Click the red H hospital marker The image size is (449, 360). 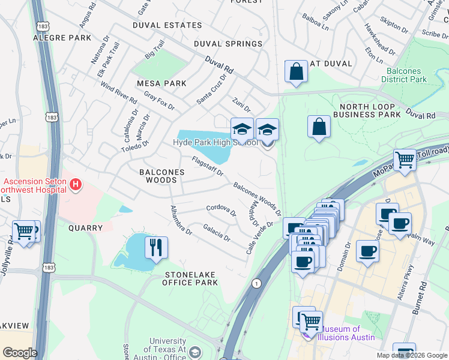[x=76, y=185]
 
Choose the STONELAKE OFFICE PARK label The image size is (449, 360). [x=191, y=278]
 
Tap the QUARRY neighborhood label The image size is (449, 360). [x=85, y=228]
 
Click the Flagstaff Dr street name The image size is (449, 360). [x=208, y=167]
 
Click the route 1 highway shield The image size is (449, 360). [x=257, y=283]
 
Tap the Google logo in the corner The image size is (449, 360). [x=19, y=353]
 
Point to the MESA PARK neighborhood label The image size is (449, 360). [x=161, y=83]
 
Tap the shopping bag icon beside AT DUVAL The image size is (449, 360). [x=296, y=71]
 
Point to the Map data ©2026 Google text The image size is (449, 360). [x=411, y=355]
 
